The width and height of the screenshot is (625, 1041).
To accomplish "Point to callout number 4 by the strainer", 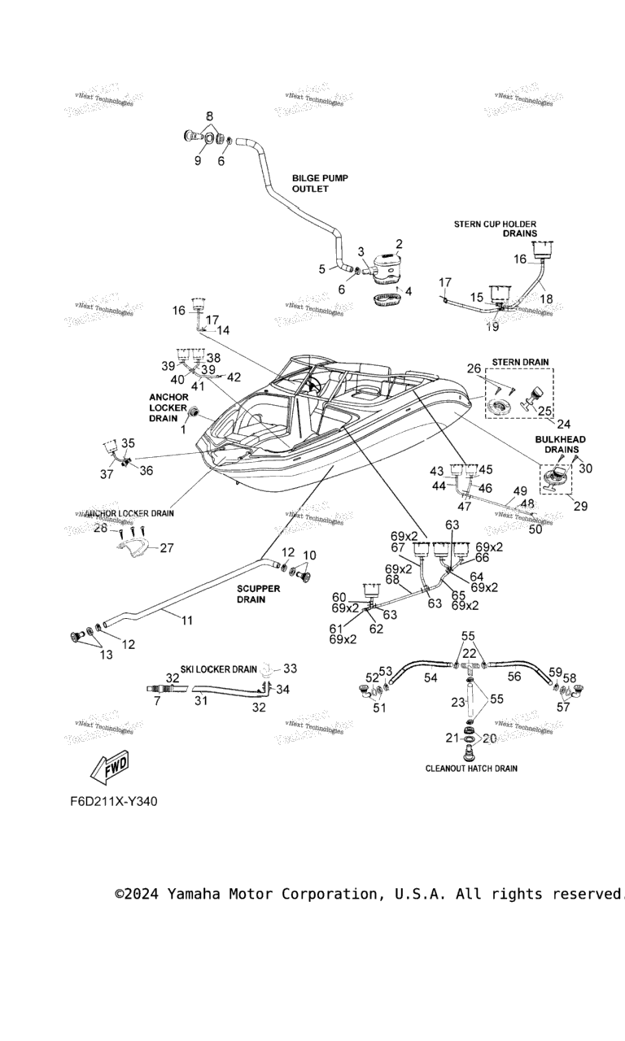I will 409,290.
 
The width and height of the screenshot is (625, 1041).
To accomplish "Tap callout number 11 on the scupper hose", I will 187,621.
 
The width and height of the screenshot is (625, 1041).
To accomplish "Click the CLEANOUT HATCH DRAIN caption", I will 471,768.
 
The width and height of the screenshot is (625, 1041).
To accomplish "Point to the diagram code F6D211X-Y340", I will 113,801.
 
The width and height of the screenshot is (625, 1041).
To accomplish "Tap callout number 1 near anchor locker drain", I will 183,429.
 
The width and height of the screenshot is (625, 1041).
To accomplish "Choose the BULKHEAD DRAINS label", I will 557,443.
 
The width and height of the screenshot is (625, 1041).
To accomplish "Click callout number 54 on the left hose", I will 431,677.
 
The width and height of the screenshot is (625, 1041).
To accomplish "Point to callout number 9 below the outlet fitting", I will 198,161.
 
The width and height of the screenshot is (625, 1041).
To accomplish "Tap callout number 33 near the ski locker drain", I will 290,669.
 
